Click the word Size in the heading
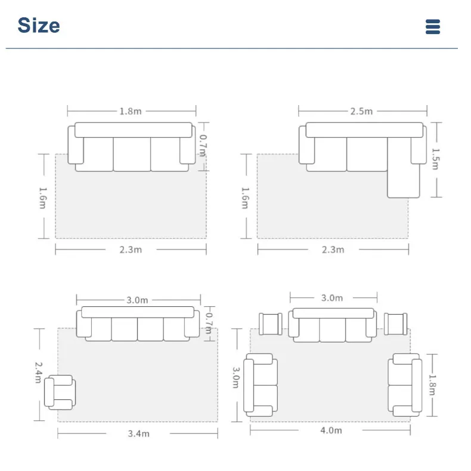pos(39,25)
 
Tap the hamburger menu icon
pos(433,27)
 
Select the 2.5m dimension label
pos(361,111)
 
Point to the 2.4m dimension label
pos(38,373)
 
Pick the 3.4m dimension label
pos(138,434)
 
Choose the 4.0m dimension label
pos(331,430)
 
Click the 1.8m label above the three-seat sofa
pos(131,111)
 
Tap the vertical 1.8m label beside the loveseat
pos(432,384)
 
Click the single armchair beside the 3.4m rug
pos(60,392)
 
